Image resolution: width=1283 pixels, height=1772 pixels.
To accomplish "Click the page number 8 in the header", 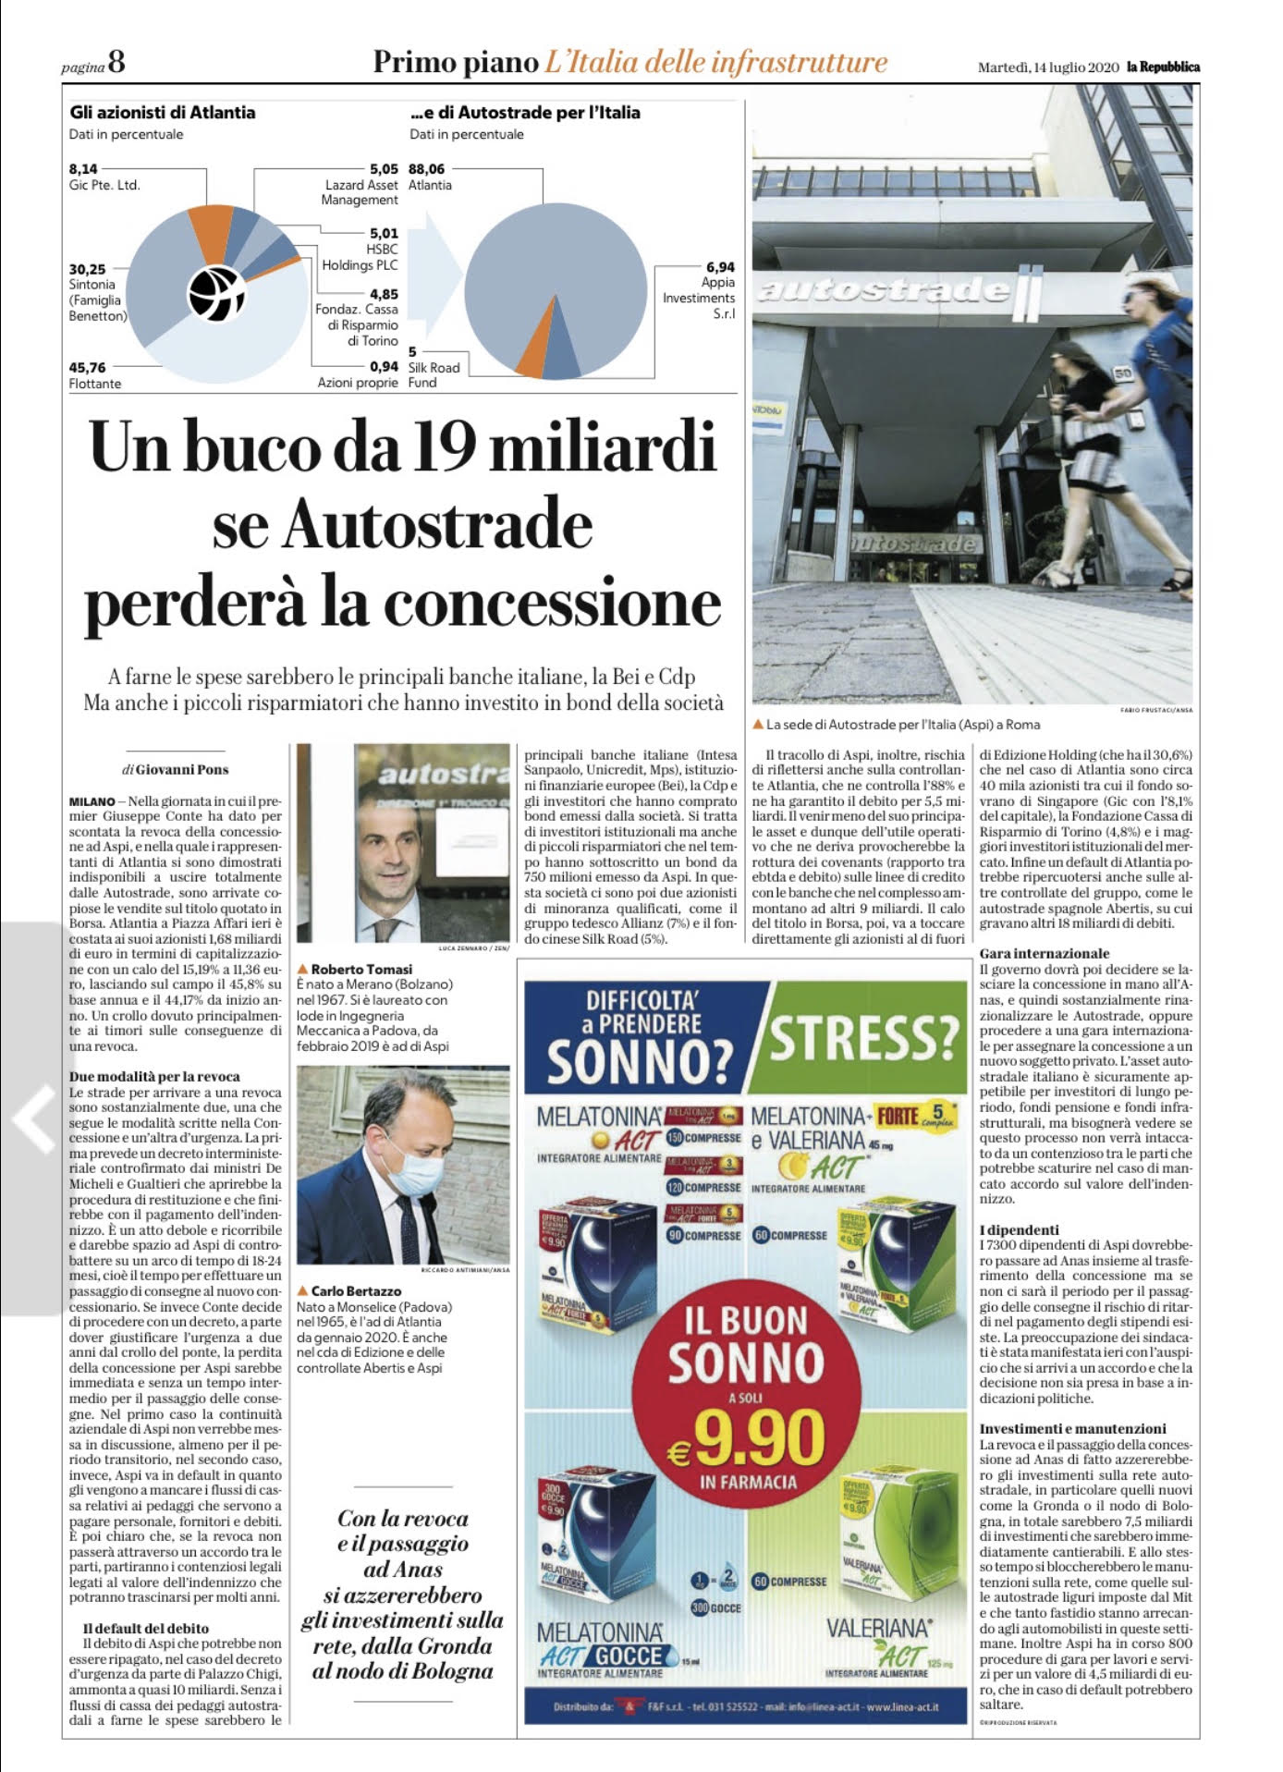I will (116, 63).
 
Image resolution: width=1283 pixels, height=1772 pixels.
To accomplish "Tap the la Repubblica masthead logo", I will (1163, 67).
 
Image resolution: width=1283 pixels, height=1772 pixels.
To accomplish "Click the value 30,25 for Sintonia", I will (88, 269).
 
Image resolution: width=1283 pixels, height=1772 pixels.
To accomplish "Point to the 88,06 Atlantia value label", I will (426, 169).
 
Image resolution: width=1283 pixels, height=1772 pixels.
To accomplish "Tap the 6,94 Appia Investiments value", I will (720, 267).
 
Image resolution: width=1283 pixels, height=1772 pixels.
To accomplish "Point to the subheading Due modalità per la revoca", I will (154, 1077).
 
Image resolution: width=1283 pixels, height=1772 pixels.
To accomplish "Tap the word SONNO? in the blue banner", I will (640, 1060).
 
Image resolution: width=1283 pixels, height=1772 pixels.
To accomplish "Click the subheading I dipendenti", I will (1020, 1230).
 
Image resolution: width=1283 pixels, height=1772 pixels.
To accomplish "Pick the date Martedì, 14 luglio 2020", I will (1048, 67).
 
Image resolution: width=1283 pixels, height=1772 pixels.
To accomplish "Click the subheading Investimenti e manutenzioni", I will (1073, 1428).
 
